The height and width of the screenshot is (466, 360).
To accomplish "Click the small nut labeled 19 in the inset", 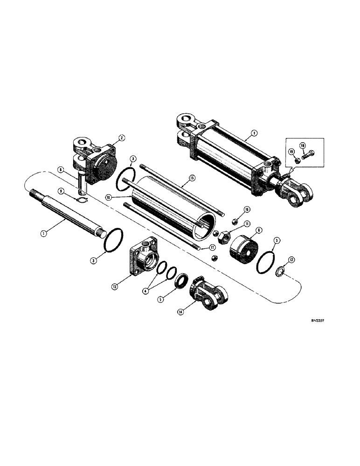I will point(296,161).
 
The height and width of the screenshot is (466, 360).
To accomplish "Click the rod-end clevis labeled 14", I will point(208,295).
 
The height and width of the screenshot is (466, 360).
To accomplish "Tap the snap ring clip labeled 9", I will point(83,201).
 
